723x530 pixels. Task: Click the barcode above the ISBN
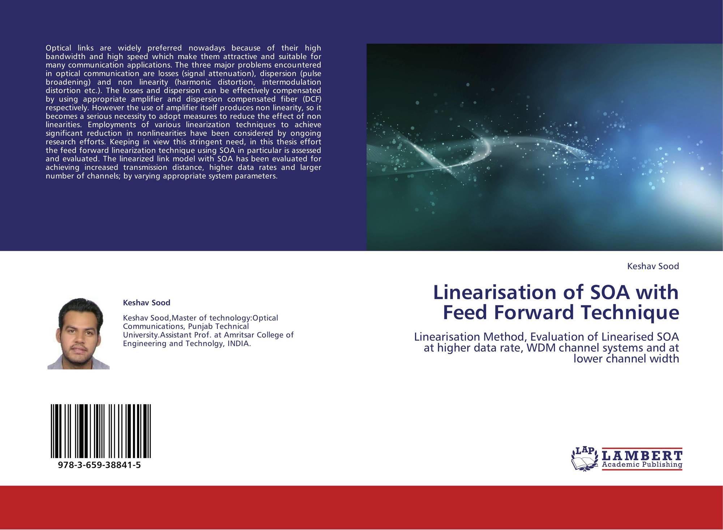(x=101, y=431)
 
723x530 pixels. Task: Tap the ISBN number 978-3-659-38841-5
(x=99, y=465)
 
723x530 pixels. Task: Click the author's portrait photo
(x=78, y=334)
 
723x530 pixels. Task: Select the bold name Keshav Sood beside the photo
(x=146, y=302)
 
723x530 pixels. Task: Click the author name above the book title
(x=653, y=266)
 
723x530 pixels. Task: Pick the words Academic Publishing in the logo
(x=642, y=464)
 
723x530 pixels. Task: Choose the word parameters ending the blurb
(x=257, y=176)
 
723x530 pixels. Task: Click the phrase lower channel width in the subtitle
(x=626, y=359)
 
